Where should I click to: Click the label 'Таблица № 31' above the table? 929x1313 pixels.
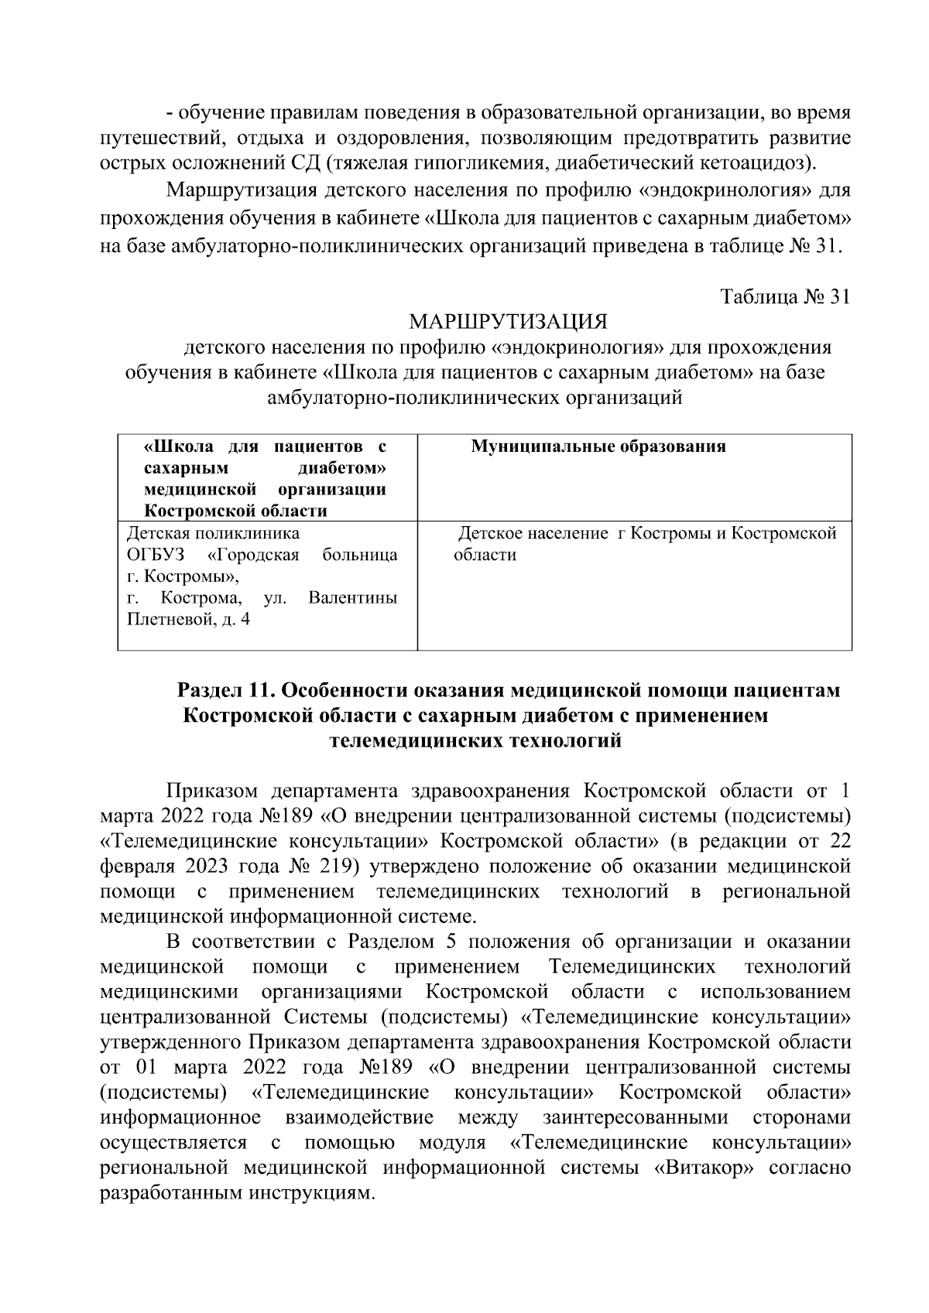pos(785,297)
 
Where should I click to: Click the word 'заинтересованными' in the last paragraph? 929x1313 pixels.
pos(636,1117)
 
